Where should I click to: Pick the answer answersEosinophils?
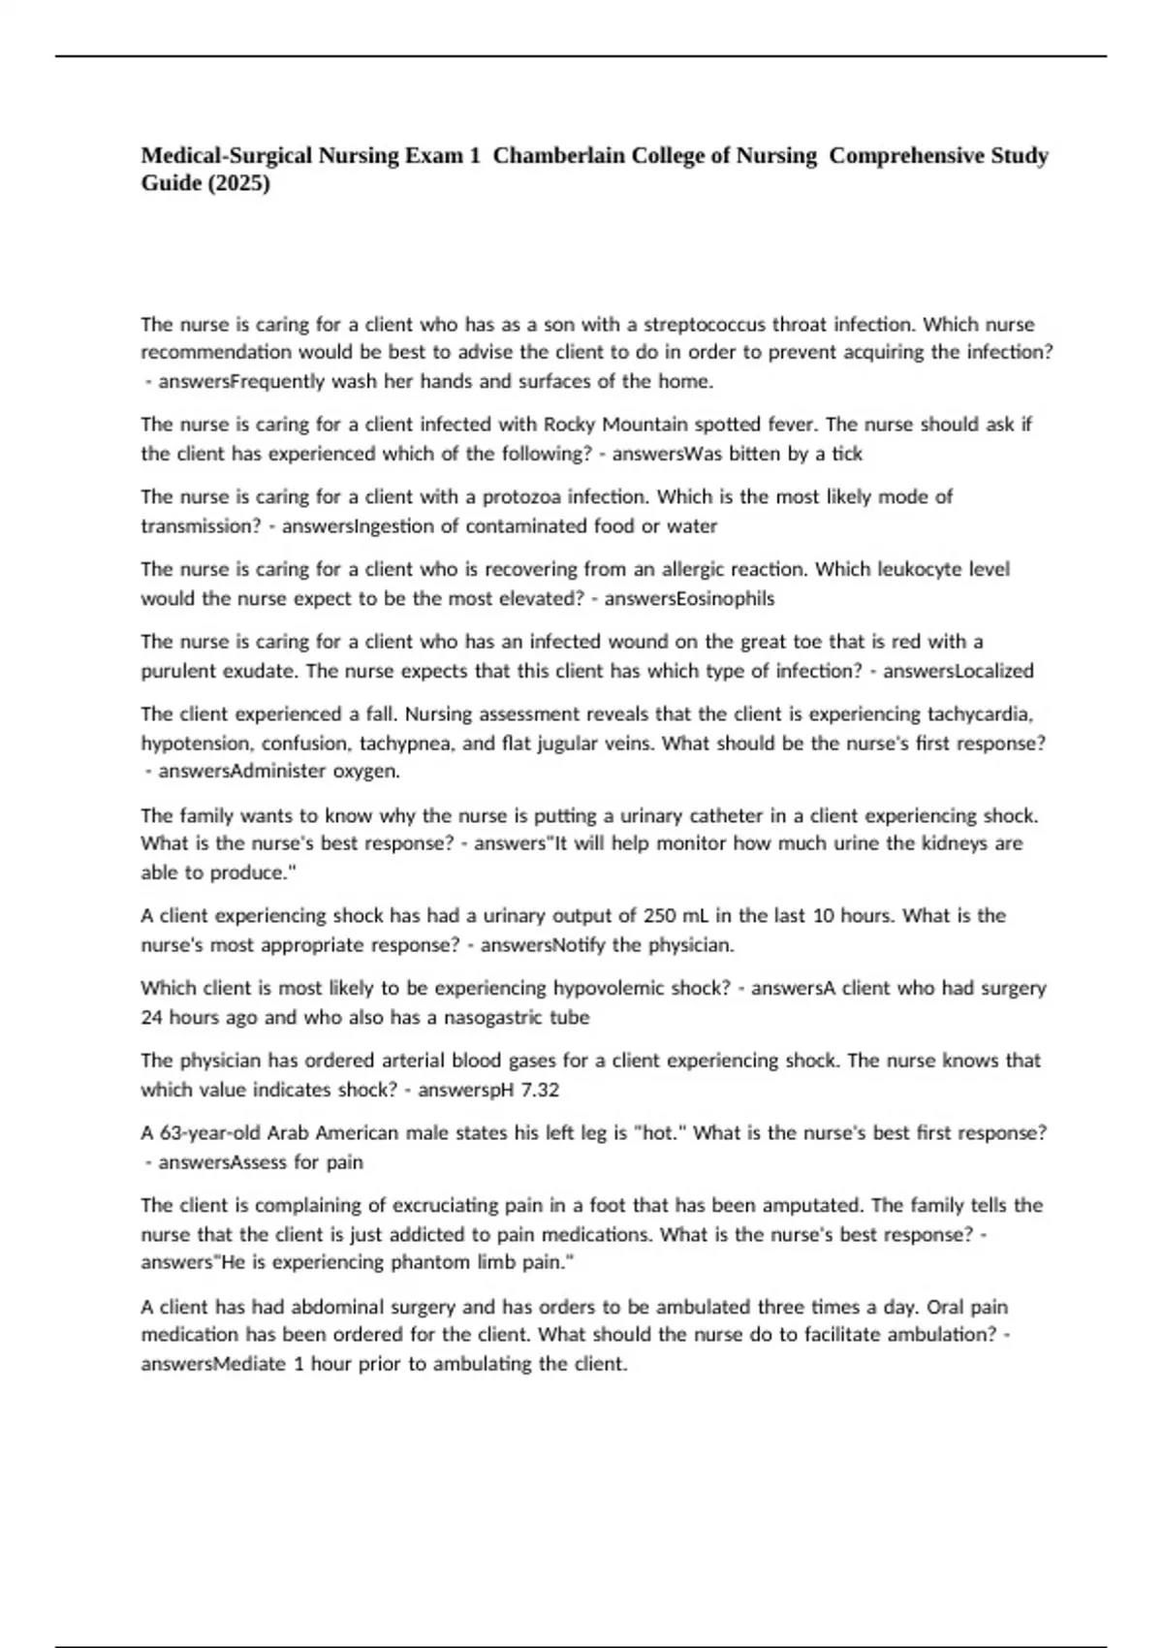click(x=689, y=598)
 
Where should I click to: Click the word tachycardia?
click(x=980, y=713)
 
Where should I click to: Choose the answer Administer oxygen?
click(x=279, y=772)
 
